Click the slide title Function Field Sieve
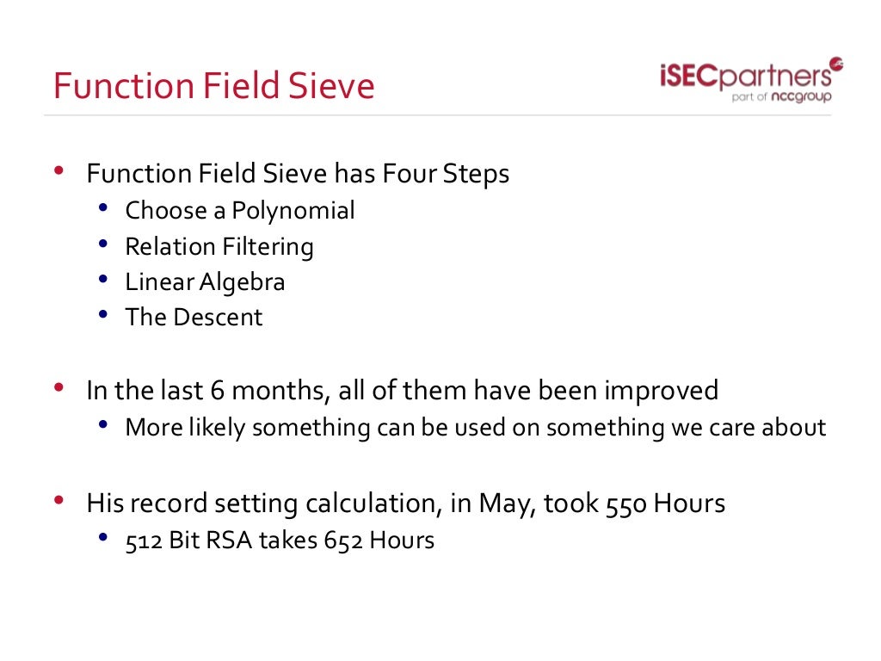(213, 87)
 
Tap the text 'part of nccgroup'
(780, 97)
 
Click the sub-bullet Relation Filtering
(219, 247)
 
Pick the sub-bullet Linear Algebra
(205, 282)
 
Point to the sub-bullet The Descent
(194, 318)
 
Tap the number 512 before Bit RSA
(144, 541)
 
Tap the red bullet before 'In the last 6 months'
(59, 388)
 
